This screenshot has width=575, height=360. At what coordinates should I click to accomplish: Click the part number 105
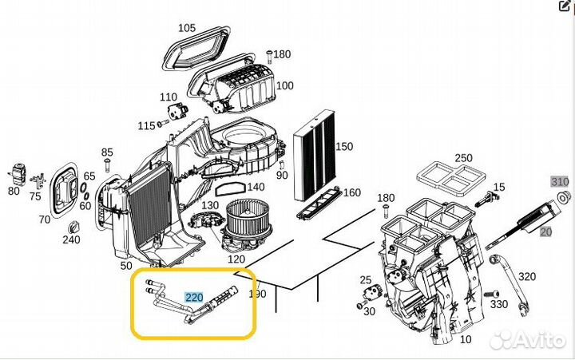pyautogui.click(x=186, y=28)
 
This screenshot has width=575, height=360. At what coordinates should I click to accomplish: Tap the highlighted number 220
pyautogui.click(x=195, y=297)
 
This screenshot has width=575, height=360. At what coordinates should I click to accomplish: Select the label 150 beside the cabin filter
pyautogui.click(x=343, y=147)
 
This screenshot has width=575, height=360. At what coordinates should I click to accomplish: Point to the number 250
pyautogui.click(x=463, y=157)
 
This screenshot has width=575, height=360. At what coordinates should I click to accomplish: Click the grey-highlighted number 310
pyautogui.click(x=560, y=181)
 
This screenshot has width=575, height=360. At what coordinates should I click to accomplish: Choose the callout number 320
pyautogui.click(x=527, y=277)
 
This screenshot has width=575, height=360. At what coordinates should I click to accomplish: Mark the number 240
pyautogui.click(x=72, y=239)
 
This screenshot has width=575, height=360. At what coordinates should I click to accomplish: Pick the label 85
pyautogui.click(x=107, y=152)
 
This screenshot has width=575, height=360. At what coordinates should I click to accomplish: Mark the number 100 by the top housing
pyautogui.click(x=284, y=85)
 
